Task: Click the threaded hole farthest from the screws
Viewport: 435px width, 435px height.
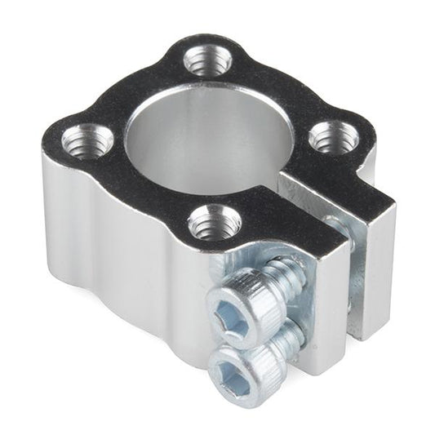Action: pos(205,60)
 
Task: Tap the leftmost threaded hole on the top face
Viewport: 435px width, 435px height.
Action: pos(87,140)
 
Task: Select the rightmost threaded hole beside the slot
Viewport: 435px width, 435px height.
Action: pos(331,136)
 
